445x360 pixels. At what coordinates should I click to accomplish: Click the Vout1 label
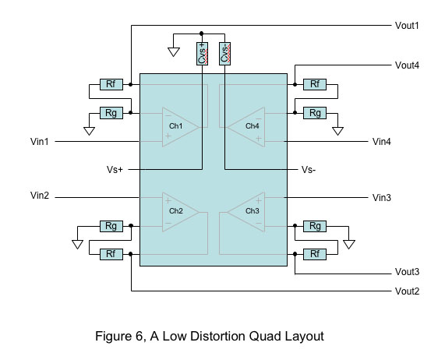click(407, 26)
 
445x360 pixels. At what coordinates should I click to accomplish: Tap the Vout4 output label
click(407, 65)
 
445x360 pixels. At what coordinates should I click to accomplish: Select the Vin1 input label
click(40, 141)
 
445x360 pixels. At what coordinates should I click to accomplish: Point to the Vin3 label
click(381, 197)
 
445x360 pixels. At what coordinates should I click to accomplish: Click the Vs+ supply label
click(115, 170)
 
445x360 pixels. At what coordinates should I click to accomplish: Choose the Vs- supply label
click(309, 170)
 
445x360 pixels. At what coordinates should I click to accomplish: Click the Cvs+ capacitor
click(202, 54)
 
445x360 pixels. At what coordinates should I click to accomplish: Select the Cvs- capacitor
click(224, 54)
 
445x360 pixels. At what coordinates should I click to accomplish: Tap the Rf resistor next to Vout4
click(315, 84)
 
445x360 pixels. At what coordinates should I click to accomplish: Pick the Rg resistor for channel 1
click(111, 113)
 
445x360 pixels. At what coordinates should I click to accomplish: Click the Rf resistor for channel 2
click(111, 254)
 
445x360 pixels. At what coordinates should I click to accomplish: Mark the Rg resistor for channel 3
click(315, 226)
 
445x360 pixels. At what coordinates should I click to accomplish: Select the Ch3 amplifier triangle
click(246, 212)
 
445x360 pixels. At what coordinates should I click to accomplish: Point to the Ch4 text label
click(252, 125)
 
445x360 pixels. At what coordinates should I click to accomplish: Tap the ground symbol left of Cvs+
click(174, 52)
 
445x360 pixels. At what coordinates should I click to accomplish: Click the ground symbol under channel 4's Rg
click(337, 131)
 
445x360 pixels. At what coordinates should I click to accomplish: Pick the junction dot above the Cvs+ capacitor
click(202, 34)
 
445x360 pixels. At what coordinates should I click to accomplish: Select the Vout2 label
click(407, 291)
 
